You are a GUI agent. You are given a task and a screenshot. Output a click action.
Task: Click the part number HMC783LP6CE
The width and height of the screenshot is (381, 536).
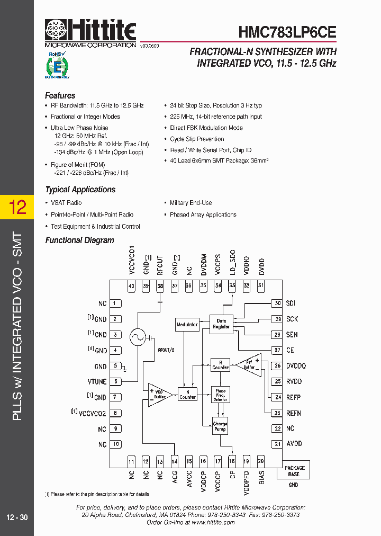point(287,32)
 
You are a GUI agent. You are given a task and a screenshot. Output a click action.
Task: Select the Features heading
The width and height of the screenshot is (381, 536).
point(60,96)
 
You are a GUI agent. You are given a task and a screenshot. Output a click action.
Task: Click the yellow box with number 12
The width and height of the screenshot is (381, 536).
point(17,207)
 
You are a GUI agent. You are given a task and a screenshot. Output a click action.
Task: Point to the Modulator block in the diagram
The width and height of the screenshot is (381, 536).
point(187,325)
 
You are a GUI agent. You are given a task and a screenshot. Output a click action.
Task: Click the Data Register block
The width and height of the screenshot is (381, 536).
point(221,324)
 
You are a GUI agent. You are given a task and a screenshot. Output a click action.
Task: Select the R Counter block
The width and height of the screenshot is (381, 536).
point(221,364)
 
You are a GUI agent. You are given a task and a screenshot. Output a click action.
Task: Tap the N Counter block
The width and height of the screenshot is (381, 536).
point(187,395)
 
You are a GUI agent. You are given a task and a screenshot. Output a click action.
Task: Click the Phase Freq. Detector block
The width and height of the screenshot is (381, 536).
point(221,395)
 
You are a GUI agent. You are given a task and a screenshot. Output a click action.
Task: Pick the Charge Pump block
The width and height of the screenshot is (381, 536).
point(220,427)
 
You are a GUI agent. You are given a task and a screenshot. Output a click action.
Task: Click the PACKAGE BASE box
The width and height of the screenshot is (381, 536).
point(295,471)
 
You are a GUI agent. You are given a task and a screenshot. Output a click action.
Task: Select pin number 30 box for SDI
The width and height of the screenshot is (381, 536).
point(276,303)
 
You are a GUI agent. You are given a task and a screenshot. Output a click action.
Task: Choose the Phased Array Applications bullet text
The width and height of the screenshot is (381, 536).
point(203,215)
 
